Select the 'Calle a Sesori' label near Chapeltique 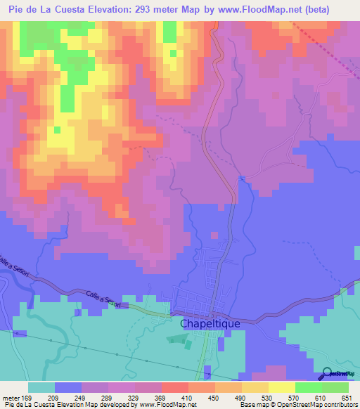pyautogui.click(x=104, y=301)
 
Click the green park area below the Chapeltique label pyautogui.click(x=177, y=340)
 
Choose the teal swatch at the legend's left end pyautogui.click(x=41, y=387)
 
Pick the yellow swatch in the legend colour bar pyautogui.click(x=281, y=387)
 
